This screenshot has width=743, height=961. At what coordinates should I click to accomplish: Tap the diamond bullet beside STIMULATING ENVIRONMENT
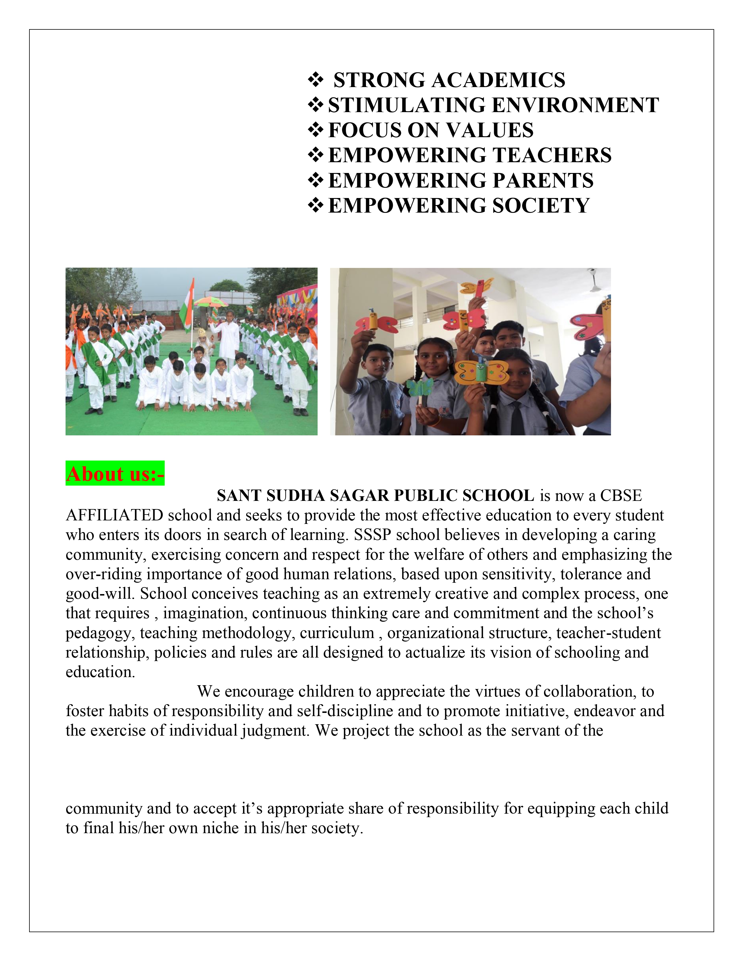(316, 105)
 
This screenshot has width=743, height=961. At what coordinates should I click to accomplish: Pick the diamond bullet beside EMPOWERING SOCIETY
(316, 206)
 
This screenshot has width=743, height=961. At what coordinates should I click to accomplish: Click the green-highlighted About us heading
(115, 474)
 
